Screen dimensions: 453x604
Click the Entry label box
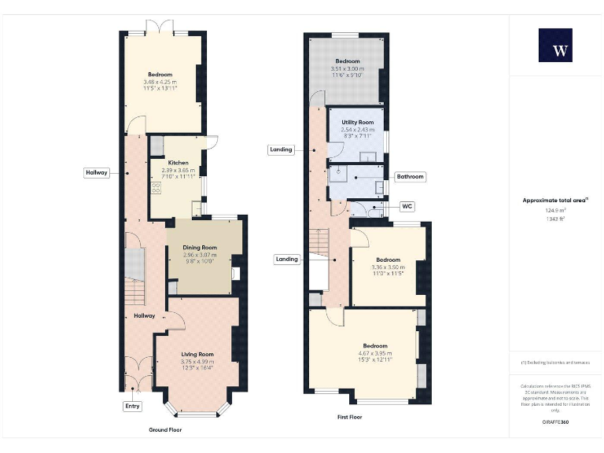tap(132, 407)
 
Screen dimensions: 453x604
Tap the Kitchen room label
tap(178, 162)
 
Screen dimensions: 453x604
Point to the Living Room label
tap(197, 354)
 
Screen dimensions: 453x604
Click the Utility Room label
tap(357, 123)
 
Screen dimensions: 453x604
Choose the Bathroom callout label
tap(410, 177)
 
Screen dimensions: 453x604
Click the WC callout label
tap(407, 207)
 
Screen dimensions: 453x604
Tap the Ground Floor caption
tap(165, 430)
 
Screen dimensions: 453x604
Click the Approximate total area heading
tap(555, 201)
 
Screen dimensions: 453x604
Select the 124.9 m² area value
tap(555, 210)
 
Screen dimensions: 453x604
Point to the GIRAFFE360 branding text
tap(555, 423)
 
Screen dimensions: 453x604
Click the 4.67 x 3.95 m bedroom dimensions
tap(375, 354)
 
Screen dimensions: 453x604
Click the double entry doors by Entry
tap(138, 374)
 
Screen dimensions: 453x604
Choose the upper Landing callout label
tap(281, 149)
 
